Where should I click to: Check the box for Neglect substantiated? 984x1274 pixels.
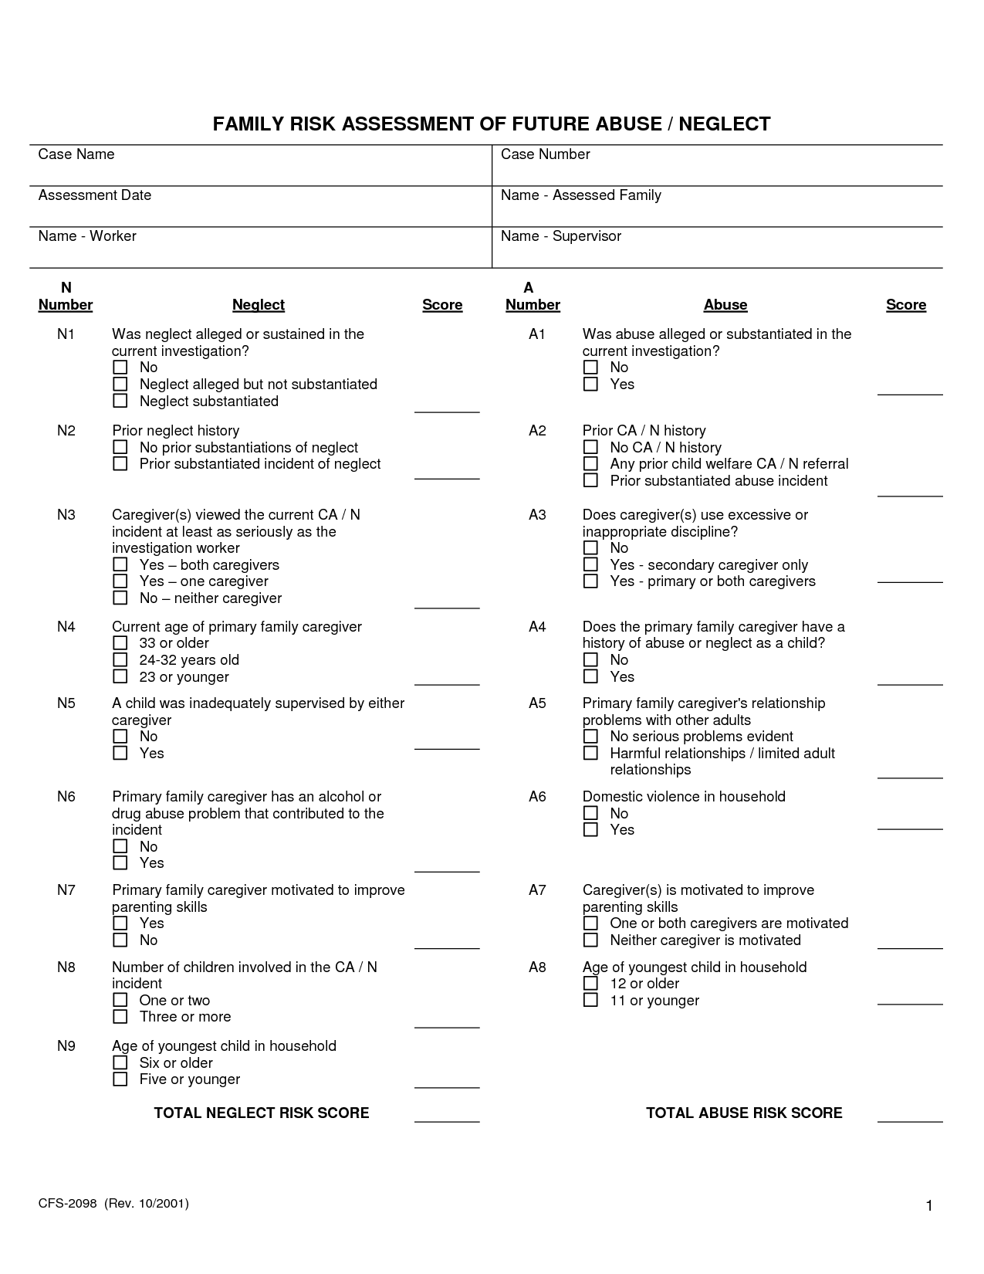[120, 401]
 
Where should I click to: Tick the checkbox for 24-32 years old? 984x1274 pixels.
[120, 659]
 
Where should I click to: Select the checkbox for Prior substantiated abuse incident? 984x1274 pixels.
[590, 480]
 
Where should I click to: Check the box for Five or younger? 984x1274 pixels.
[120, 1079]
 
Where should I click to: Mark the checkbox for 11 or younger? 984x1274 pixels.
[590, 1000]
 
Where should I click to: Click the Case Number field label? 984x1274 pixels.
[545, 154]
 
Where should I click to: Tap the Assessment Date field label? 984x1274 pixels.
[94, 195]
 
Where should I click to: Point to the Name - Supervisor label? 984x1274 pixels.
[560, 236]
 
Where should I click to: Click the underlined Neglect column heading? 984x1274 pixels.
[259, 305]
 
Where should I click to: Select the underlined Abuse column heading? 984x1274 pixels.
[725, 305]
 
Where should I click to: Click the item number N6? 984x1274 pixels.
[66, 796]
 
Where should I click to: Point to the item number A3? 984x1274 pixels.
[537, 514]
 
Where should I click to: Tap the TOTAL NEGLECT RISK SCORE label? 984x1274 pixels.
[262, 1113]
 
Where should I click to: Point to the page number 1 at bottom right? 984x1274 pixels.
[929, 1206]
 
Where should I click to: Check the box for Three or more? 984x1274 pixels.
[120, 1016]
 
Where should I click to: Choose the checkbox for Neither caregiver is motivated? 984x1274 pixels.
[590, 940]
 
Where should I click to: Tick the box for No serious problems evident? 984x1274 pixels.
[590, 737]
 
